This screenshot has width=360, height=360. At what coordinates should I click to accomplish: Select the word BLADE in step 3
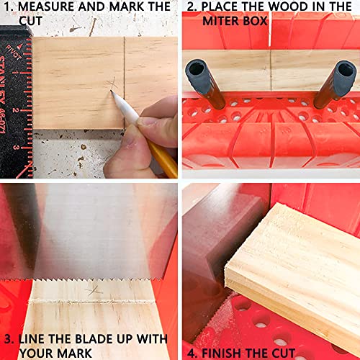coord(107,338)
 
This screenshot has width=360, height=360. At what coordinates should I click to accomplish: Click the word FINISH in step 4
coord(228,353)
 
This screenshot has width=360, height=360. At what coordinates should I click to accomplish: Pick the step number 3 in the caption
coord(9,338)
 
